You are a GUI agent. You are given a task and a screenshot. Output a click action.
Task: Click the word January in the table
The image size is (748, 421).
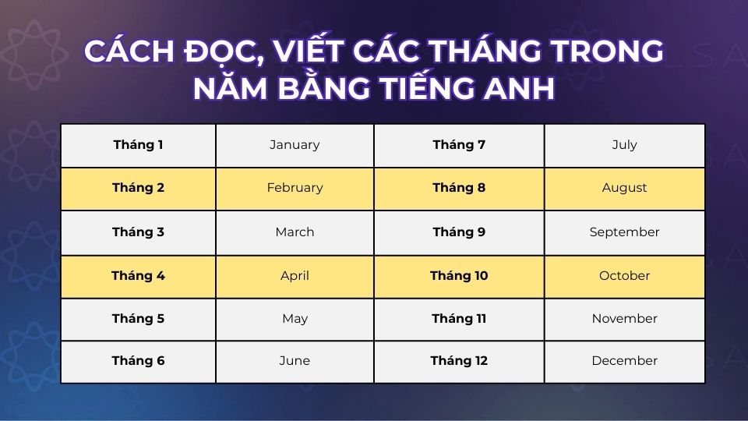(295, 145)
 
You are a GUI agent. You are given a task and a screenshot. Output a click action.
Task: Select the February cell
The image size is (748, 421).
(295, 188)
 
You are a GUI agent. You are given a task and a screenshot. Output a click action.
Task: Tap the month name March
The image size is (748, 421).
(295, 232)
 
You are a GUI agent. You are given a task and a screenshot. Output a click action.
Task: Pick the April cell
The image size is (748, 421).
(295, 276)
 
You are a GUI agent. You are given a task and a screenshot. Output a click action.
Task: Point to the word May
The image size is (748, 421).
(295, 319)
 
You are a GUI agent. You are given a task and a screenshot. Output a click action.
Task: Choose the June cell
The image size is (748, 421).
(295, 361)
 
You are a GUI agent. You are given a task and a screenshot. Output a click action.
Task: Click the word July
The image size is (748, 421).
(625, 145)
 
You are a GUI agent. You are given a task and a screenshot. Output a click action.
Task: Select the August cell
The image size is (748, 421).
(625, 188)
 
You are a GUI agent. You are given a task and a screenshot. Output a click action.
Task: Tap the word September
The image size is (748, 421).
(625, 232)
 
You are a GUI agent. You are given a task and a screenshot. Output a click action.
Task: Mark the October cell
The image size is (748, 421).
(625, 276)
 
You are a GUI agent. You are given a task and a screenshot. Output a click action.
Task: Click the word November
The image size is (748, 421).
(625, 319)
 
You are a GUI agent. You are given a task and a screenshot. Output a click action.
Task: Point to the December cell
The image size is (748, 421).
(625, 361)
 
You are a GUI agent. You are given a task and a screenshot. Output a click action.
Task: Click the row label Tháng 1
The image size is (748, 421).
(138, 145)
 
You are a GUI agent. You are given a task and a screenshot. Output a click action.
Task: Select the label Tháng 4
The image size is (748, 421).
(138, 276)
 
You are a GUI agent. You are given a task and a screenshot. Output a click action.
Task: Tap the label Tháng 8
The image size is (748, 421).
(459, 188)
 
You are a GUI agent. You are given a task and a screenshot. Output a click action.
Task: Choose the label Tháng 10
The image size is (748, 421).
(459, 276)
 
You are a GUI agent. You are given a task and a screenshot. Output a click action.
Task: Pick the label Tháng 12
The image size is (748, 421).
(459, 361)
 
